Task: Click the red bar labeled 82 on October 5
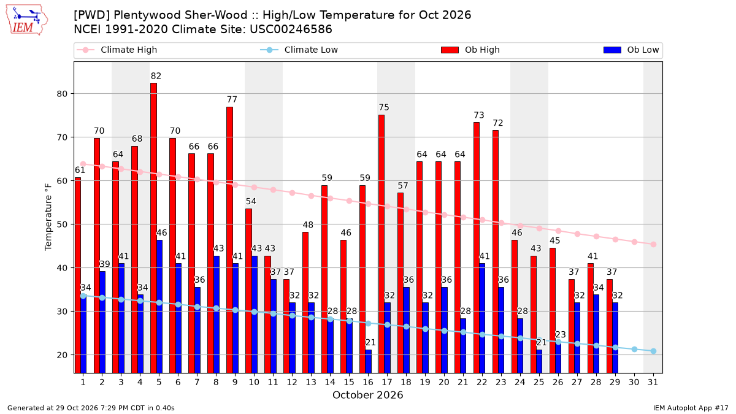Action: pos(153,228)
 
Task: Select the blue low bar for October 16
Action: pos(369,361)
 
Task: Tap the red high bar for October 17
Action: pos(381,244)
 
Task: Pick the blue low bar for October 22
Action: pos(482,318)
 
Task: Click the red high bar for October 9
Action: pos(229,240)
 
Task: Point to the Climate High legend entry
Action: pos(117,50)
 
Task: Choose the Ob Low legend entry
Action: pos(631,50)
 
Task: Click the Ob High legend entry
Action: pos(470,50)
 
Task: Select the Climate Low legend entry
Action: pos(299,50)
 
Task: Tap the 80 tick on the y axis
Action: pos(62,94)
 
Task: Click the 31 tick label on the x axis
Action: pos(653,382)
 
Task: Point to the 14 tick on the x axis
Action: pos(330,382)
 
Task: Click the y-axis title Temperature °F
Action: pos(48,217)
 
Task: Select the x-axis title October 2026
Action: pos(367,395)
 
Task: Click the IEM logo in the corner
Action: pos(27,20)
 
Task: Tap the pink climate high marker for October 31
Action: pos(653,245)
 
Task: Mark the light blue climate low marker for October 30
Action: pos(634,349)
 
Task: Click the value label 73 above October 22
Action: pos(479,115)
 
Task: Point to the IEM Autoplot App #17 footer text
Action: pos(691,408)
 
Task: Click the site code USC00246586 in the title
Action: pos(291,29)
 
